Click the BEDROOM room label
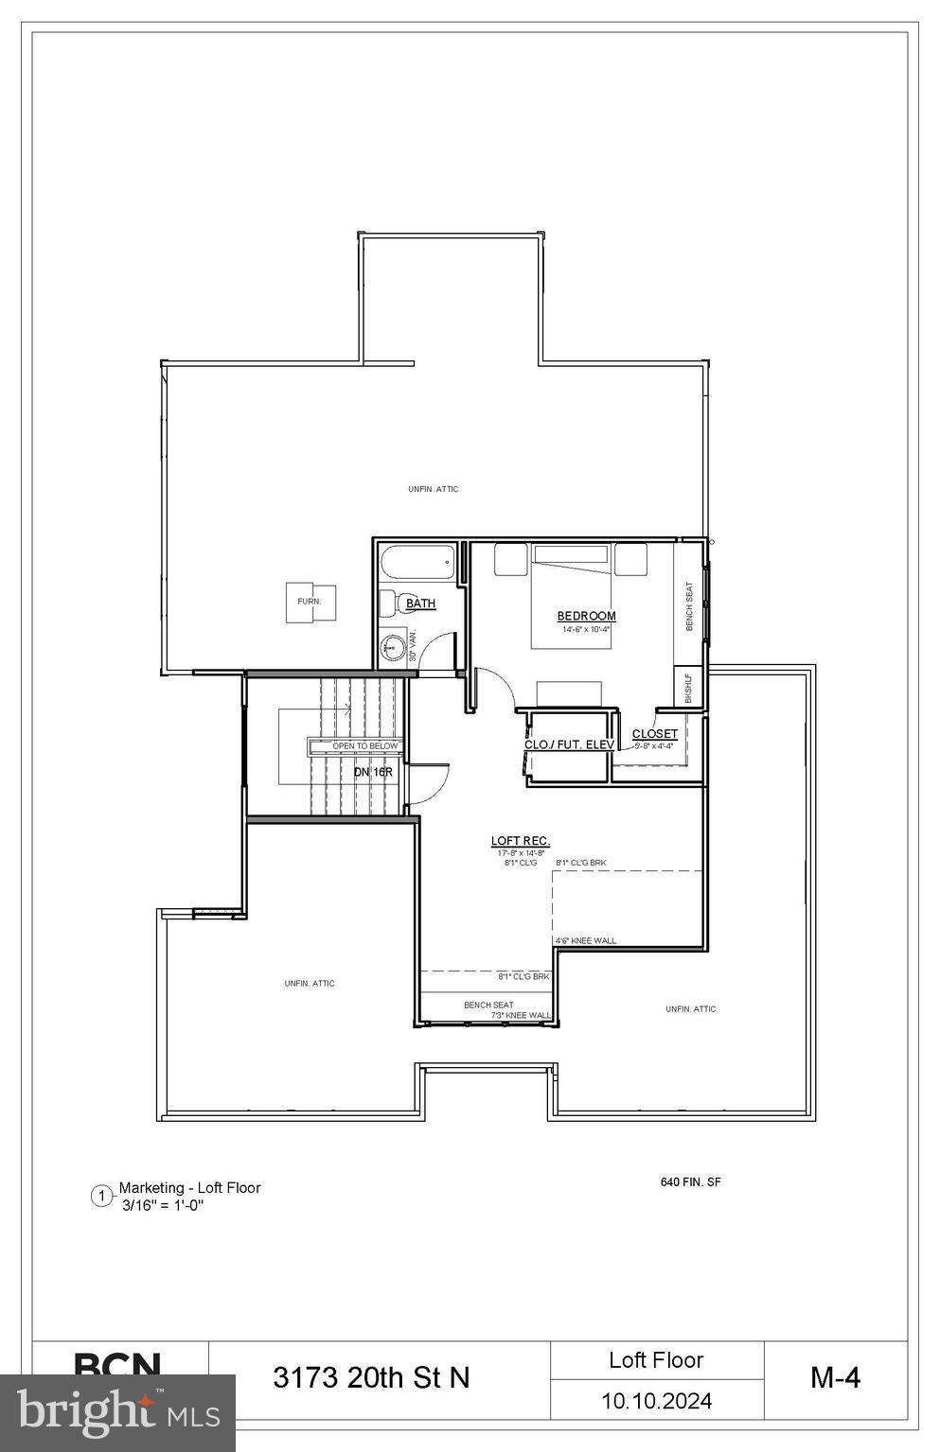click(x=586, y=616)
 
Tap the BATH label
click(x=420, y=604)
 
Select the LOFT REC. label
click(x=521, y=841)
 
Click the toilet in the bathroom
click(x=388, y=603)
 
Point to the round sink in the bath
click(x=393, y=649)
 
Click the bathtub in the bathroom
click(x=417, y=566)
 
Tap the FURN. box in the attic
click(x=310, y=602)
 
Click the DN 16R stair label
click(x=373, y=772)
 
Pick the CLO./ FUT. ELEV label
click(x=569, y=744)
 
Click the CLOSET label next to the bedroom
click(x=654, y=734)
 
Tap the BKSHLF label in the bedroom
click(x=688, y=687)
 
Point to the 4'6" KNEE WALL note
click(x=585, y=940)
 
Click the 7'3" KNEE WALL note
click(x=521, y=1016)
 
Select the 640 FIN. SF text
click(x=690, y=1181)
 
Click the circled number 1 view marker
click(x=101, y=1197)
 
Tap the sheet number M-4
click(x=835, y=1377)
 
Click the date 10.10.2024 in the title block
click(x=656, y=1401)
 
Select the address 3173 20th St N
click(x=371, y=1377)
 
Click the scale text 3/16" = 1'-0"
click(x=163, y=1205)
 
